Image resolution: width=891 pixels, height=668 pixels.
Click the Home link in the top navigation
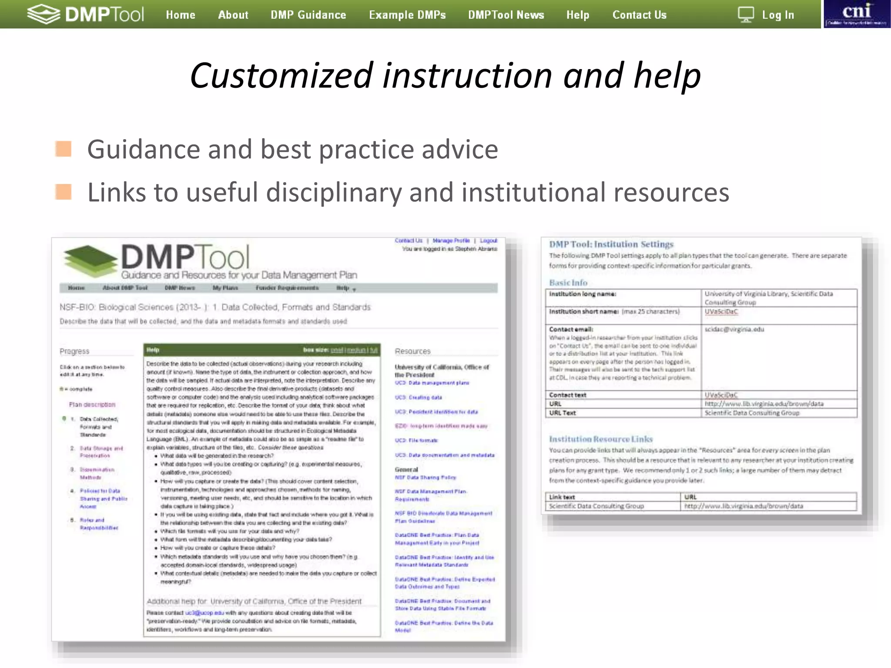[180, 15]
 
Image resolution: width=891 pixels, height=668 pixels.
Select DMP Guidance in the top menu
[308, 15]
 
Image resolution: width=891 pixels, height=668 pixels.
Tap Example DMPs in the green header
[407, 15]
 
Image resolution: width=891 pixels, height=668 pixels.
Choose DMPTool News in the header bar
[506, 15]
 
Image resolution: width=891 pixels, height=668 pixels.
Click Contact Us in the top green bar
[639, 15]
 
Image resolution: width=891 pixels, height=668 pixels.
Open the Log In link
[778, 15]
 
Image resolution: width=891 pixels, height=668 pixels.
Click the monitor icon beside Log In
[746, 15]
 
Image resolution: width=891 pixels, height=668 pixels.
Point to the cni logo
[857, 14]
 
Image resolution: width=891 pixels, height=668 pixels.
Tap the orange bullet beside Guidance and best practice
[64, 149]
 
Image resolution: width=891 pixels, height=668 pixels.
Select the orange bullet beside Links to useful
[64, 192]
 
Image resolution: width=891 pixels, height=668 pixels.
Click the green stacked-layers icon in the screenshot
[90, 261]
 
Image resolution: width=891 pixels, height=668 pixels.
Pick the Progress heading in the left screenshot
[74, 351]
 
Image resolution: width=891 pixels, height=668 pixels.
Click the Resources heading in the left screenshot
[412, 351]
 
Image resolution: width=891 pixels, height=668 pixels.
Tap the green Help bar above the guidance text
[261, 350]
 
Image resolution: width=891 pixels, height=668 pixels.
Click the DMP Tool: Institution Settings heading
[611, 244]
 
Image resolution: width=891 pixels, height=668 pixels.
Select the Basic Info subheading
[568, 283]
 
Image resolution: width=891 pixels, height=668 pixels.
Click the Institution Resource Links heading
[600, 439]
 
